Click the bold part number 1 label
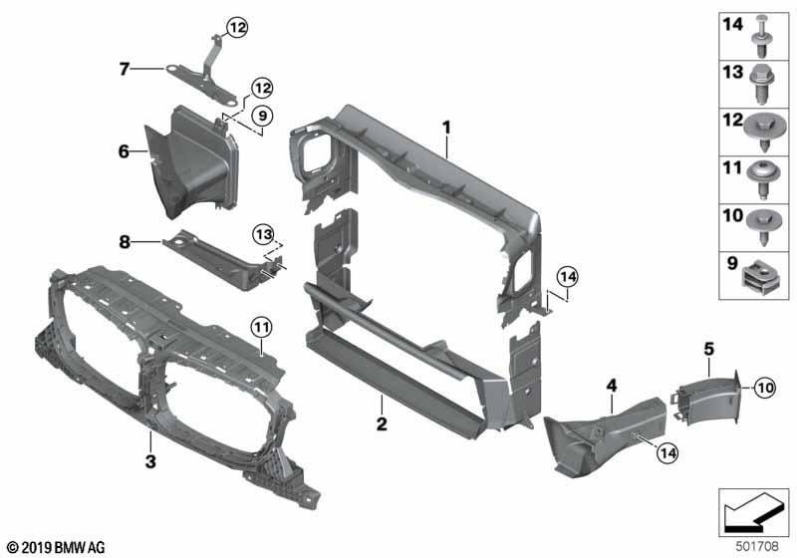click(447, 128)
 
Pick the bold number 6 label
click(124, 151)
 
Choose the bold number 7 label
click(124, 69)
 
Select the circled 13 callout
click(262, 233)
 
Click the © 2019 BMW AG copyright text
click(55, 547)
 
